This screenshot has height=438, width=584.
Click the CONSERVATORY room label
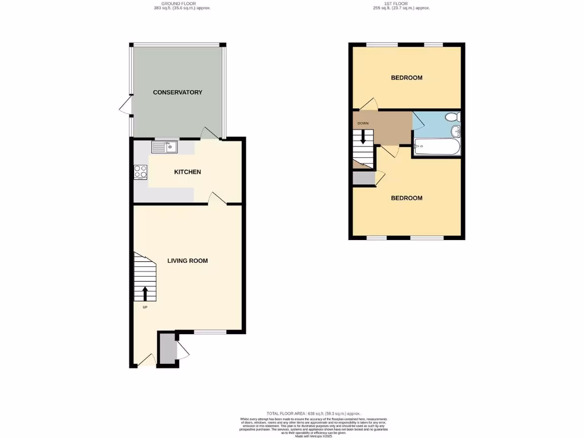coord(177,92)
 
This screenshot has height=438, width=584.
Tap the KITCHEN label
coord(188,172)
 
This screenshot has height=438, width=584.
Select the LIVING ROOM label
coord(187,261)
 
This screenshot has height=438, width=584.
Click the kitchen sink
coord(165,147)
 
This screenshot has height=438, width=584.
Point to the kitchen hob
coord(140,172)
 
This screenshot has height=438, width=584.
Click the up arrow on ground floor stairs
coord(145,293)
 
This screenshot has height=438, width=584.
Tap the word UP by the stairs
coord(145,307)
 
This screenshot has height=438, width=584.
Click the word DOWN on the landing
coord(363,124)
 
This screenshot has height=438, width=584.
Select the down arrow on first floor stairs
coord(362,138)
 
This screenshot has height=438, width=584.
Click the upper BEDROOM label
coord(407,78)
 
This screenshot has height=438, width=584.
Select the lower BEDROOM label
coord(407,198)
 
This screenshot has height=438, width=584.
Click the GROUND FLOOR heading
coord(178,3)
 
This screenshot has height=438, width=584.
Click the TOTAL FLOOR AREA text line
coord(313,413)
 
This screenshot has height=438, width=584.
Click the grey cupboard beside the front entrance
coord(167,348)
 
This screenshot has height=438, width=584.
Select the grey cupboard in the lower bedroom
coord(363,178)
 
